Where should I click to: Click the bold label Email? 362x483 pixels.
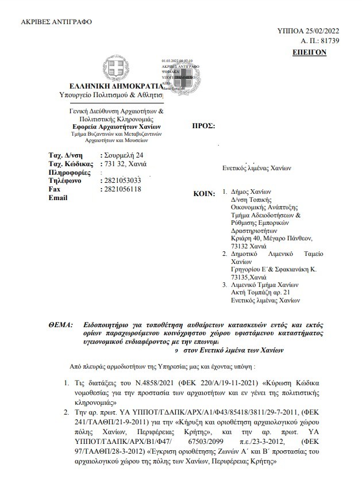coord(59,197)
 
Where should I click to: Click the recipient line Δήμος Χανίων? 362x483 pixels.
coord(251,192)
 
